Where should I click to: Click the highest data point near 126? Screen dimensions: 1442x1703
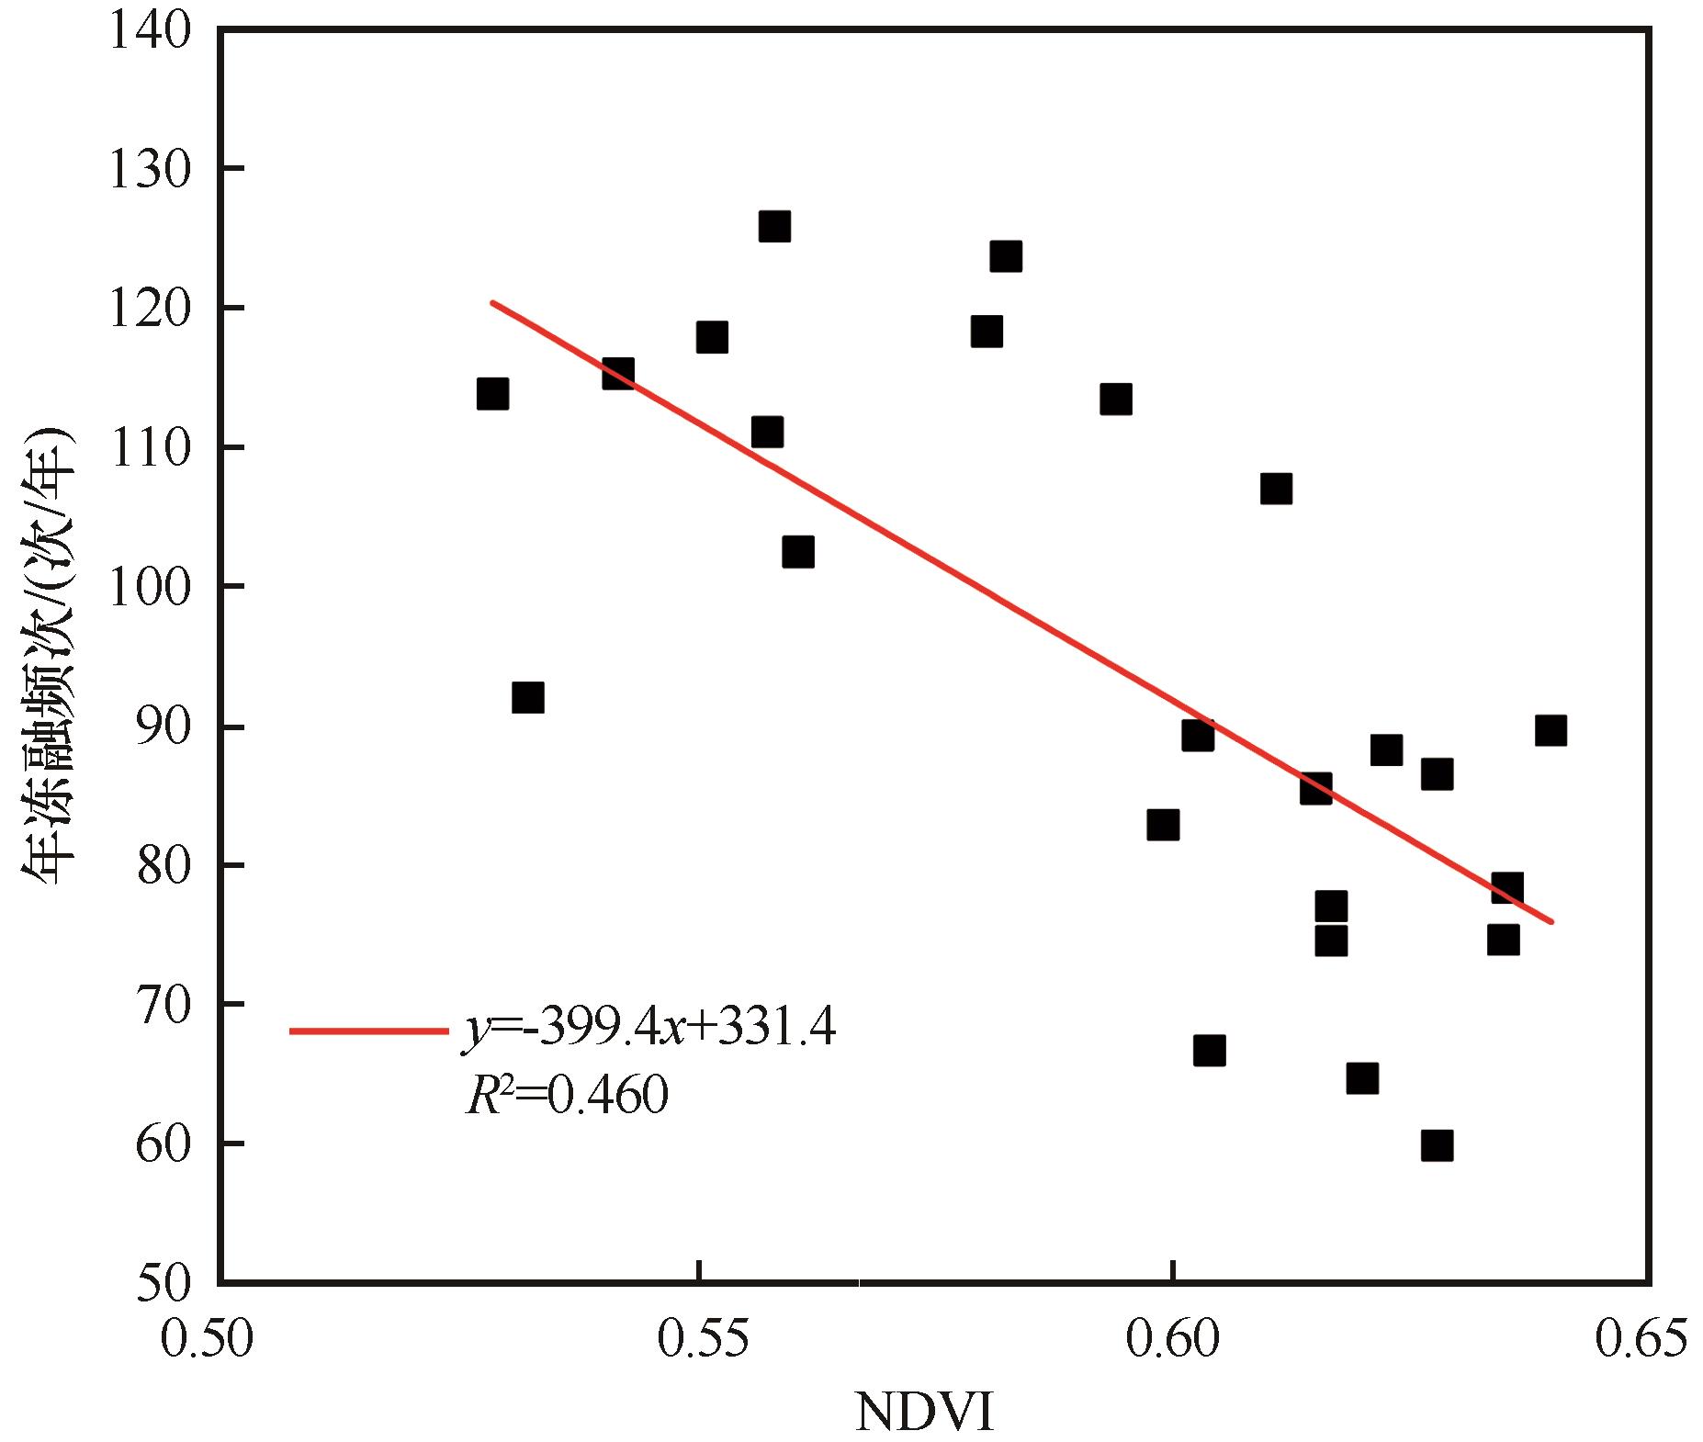pos(774,226)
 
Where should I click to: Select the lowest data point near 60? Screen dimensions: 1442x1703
pos(1437,1146)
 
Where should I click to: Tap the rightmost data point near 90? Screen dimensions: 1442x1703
pos(1551,731)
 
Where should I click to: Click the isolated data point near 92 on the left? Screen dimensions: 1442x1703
pos(527,697)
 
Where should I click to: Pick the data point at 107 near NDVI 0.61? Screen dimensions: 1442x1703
pos(1276,488)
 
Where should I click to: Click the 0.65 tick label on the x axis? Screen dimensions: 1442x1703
pos(1641,1338)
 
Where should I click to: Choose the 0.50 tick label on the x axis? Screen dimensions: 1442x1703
pos(206,1338)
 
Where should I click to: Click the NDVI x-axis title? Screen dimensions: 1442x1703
pos(924,1413)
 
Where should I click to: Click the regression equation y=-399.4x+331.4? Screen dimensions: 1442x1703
pos(649,1028)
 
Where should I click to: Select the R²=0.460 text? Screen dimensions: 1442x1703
pos(567,1095)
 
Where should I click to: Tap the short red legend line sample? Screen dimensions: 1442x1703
pos(367,1031)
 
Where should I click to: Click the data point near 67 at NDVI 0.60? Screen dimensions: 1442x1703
pos(1209,1051)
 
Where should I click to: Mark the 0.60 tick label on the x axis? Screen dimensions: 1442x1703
pos(1173,1338)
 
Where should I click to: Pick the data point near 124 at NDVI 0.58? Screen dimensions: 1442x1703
pos(1006,256)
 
